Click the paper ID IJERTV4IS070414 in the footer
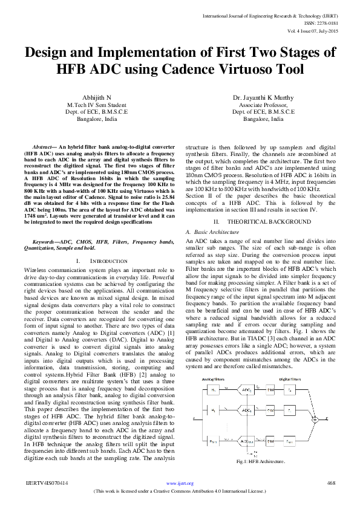[47, 483]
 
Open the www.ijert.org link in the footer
[180, 483]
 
